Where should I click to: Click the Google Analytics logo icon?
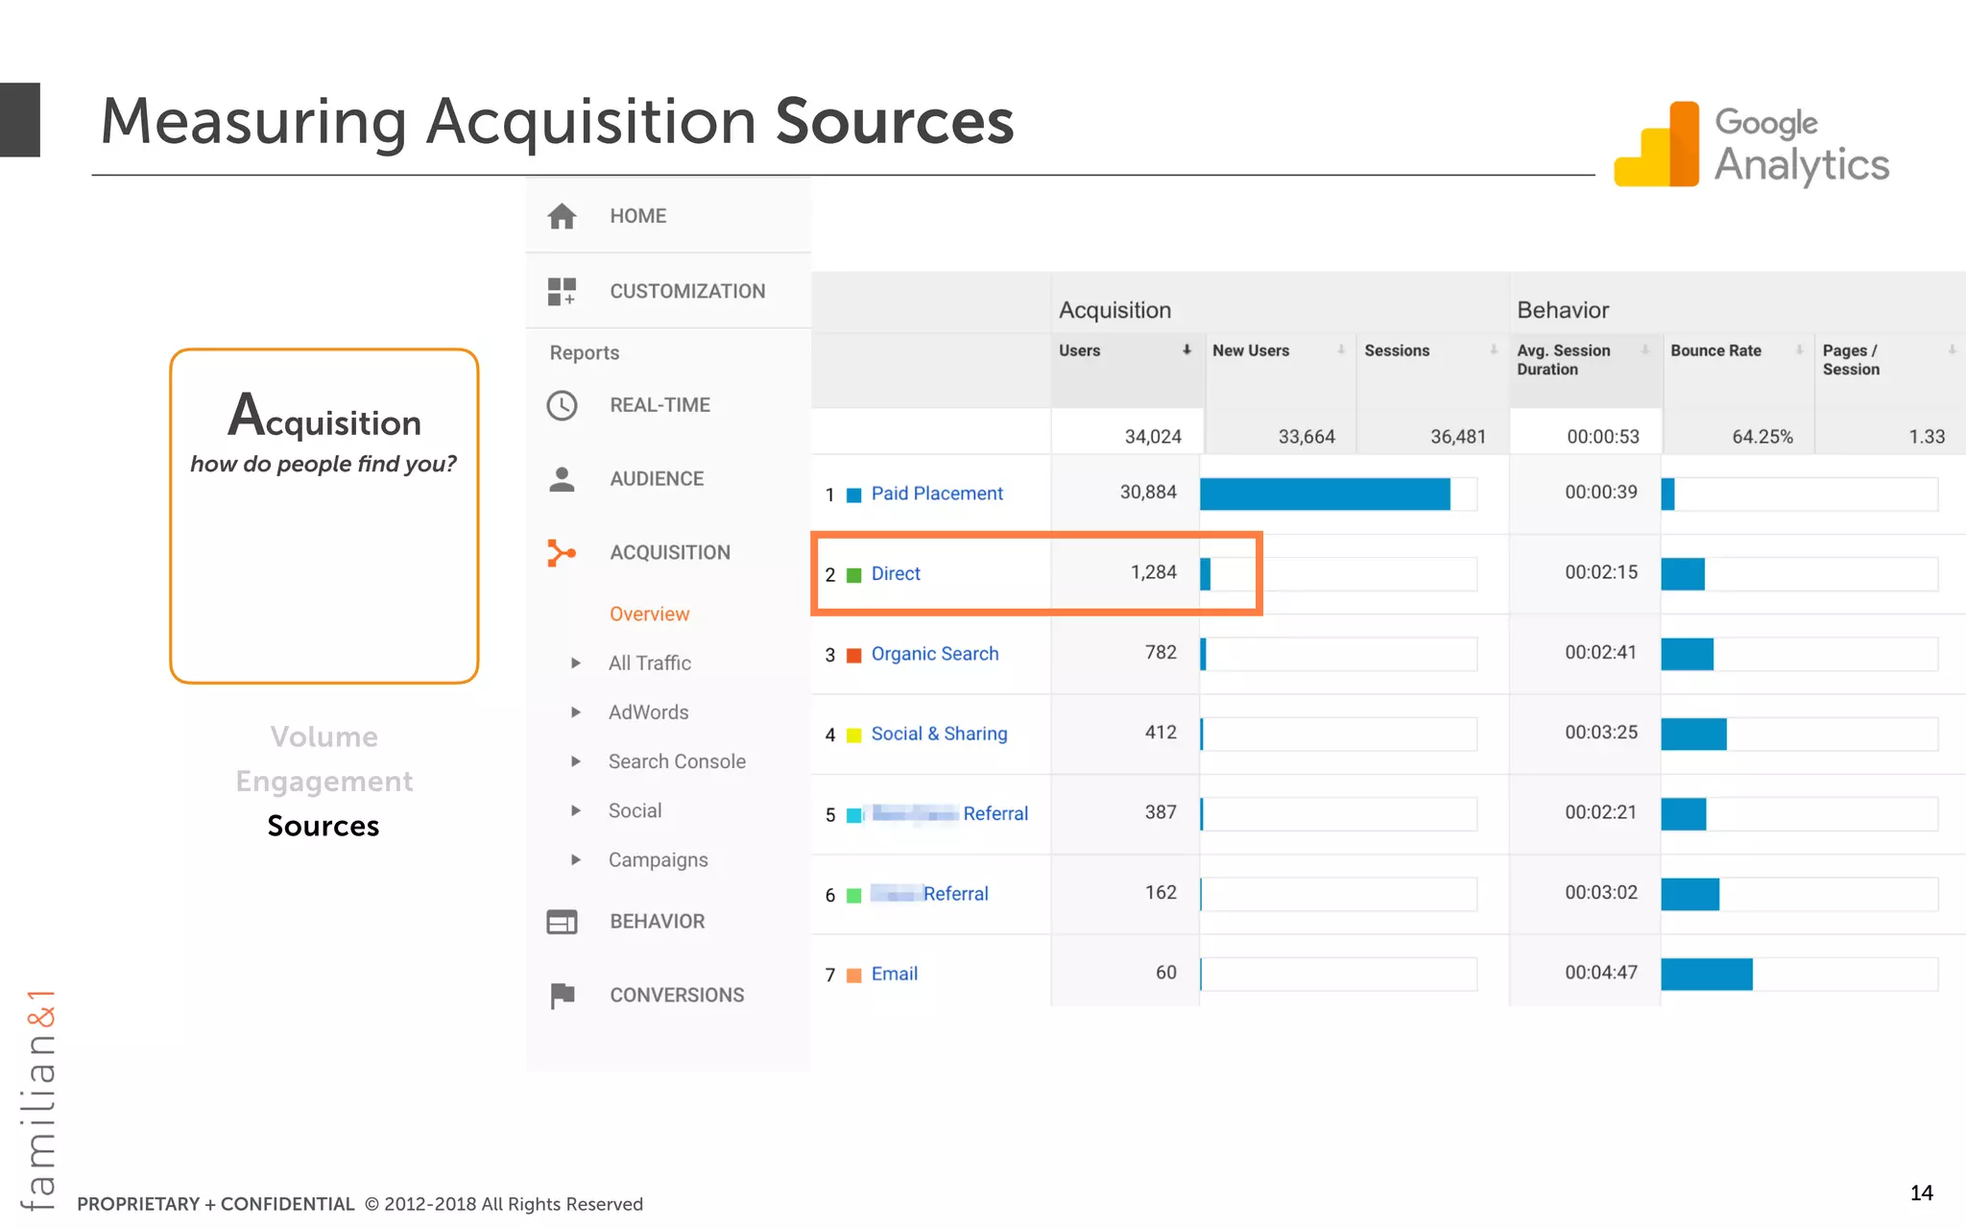coord(1656,145)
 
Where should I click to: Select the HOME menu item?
coord(637,216)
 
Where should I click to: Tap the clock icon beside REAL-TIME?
coord(562,405)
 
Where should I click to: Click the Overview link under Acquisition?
coord(649,614)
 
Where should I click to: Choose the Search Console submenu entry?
coord(676,761)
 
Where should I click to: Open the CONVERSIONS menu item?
coord(676,995)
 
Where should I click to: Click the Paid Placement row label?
coord(936,494)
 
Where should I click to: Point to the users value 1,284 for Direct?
coord(1153,572)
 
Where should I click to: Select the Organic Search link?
coord(934,654)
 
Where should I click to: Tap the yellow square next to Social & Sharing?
coord(853,735)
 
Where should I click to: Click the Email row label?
coord(894,974)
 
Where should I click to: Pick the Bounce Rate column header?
coord(1715,351)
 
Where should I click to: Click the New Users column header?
coord(1250,351)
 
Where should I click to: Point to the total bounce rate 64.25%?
coord(1762,437)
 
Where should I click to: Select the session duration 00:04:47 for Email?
coord(1600,973)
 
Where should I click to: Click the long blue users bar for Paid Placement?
coord(1325,494)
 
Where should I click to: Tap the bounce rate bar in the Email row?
coord(1707,974)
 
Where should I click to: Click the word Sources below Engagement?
coord(324,826)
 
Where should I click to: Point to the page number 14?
coord(1921,1193)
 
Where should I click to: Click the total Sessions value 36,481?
coord(1457,437)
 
